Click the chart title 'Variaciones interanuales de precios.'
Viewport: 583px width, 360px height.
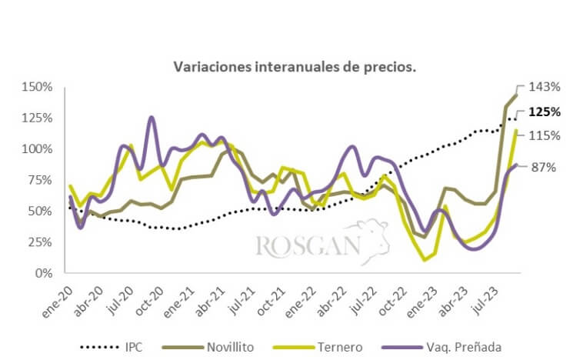click(295, 67)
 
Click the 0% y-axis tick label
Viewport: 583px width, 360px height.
click(45, 273)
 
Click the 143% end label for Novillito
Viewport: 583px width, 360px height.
click(543, 87)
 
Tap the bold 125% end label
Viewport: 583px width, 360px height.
click(544, 112)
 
